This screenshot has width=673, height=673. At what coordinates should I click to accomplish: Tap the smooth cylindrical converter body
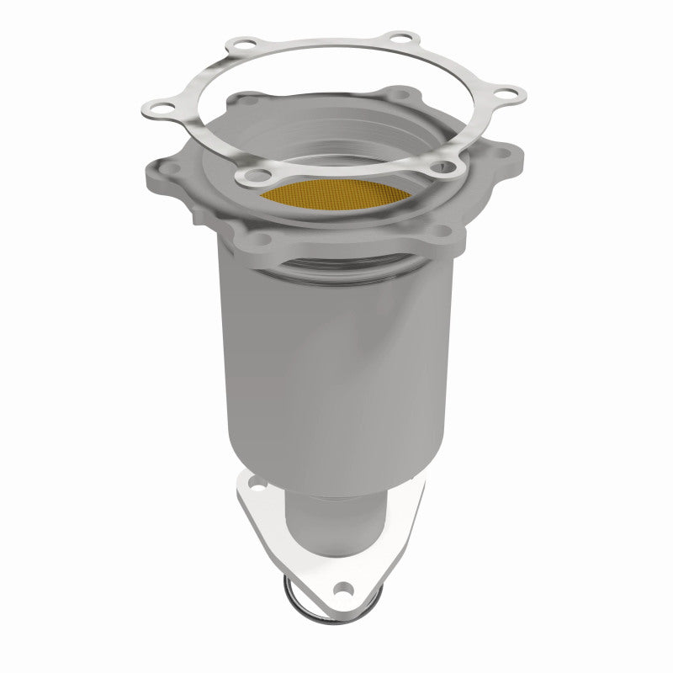pyautogui.click(x=336, y=362)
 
